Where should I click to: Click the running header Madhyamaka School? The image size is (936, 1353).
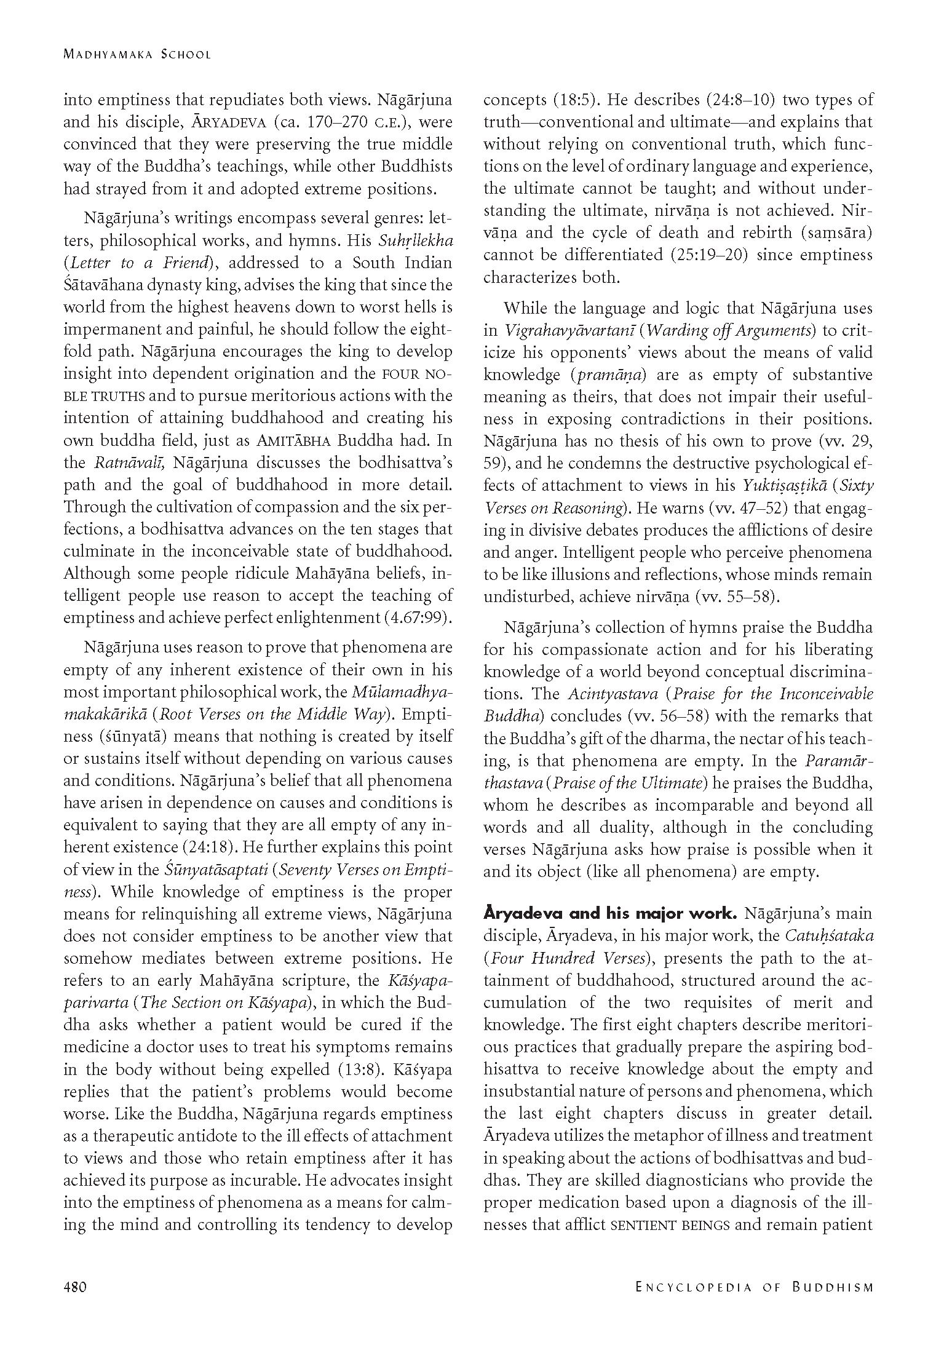point(137,54)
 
